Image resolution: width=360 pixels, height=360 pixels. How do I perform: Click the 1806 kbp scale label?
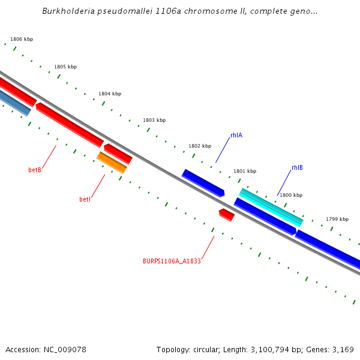pyautogui.click(x=22, y=39)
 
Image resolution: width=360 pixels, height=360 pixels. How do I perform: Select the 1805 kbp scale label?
pyautogui.click(x=65, y=67)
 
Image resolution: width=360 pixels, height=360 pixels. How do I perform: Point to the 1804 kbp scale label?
pyautogui.click(x=110, y=94)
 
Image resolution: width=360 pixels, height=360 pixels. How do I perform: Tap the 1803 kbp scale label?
pyautogui.click(x=154, y=121)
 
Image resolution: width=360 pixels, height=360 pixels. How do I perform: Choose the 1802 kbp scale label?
pyautogui.click(x=200, y=146)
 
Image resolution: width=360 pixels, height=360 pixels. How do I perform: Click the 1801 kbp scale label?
pyautogui.click(x=245, y=171)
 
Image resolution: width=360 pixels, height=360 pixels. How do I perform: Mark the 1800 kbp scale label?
pyautogui.click(x=291, y=195)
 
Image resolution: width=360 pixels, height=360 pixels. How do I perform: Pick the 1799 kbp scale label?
pyautogui.click(x=337, y=219)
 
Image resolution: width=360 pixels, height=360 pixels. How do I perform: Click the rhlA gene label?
pyautogui.click(x=236, y=136)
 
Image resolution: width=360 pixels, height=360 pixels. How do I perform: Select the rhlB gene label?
pyautogui.click(x=297, y=168)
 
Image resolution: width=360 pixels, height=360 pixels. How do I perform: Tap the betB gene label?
pyautogui.click(x=35, y=170)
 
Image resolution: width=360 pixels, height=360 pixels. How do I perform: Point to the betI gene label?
pyautogui.click(x=85, y=199)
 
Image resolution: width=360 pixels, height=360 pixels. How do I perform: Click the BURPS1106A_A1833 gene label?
pyautogui.click(x=172, y=261)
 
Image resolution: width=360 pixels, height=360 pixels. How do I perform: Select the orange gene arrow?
pyautogui.click(x=112, y=163)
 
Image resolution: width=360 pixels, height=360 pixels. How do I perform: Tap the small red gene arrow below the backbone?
pyautogui.click(x=227, y=214)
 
